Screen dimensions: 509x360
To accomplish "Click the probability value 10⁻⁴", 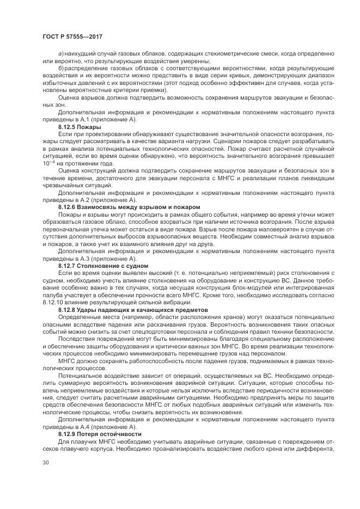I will [48, 163].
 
